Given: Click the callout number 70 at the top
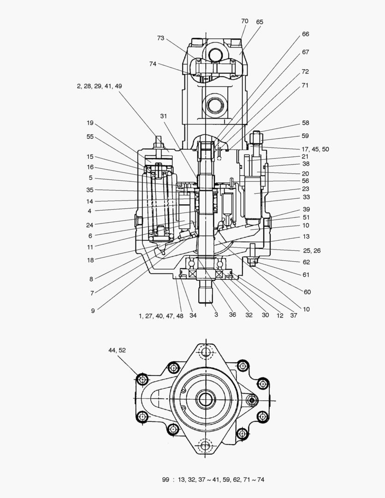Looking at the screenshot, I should coord(244,21).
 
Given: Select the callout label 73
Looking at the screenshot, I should coord(160,38).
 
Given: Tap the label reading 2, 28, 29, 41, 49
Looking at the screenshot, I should coord(100,86).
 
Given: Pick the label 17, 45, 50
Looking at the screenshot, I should coord(315,149).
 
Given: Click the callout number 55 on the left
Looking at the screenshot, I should coord(90,136).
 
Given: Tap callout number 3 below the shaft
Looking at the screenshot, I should coord(215,315).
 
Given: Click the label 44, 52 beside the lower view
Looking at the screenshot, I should coord(117,350).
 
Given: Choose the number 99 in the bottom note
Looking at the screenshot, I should coord(166,480).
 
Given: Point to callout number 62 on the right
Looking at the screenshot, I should coord(306,262).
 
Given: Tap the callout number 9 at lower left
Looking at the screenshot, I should coord(93,311).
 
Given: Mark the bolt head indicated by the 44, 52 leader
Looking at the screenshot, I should coord(142,379).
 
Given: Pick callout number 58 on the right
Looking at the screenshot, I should coord(306,123).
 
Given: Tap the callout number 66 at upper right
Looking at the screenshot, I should coord(306,34).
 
